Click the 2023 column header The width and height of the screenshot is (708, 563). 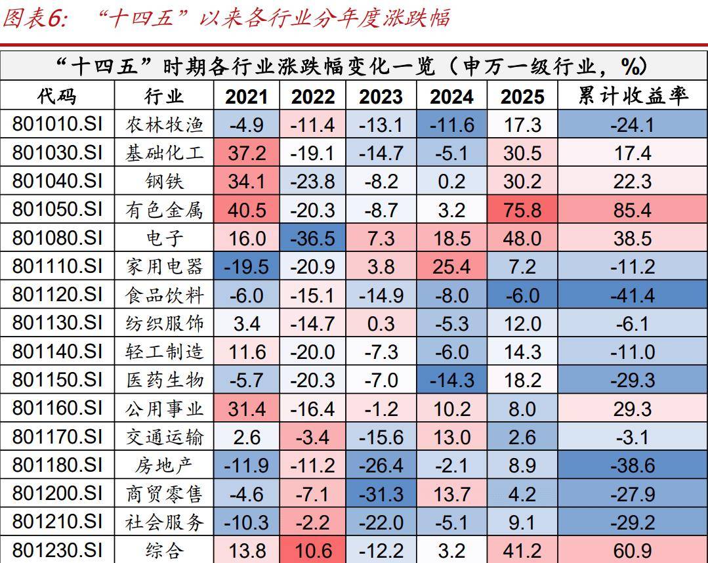pyautogui.click(x=381, y=96)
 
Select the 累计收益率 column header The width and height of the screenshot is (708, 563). pyautogui.click(x=633, y=96)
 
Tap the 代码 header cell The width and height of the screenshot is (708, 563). pyautogui.click(x=57, y=96)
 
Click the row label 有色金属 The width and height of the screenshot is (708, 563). pyautogui.click(x=164, y=209)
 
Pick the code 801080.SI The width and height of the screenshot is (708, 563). pyautogui.click(x=57, y=238)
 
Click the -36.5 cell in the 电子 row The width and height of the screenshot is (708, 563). pyautogui.click(x=313, y=238)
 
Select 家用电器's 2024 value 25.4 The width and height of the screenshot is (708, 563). pyautogui.click(x=451, y=266)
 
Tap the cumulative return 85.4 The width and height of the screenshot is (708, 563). pyautogui.click(x=633, y=209)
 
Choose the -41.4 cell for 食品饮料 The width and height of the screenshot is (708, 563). pyautogui.click(x=633, y=295)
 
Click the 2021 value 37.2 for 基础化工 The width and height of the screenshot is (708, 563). pyautogui.click(x=247, y=153)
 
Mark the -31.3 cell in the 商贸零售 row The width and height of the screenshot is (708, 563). pyautogui.click(x=381, y=493)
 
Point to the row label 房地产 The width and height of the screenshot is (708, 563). pyautogui.click(x=164, y=465)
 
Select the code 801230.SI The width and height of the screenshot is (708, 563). pyautogui.click(x=57, y=550)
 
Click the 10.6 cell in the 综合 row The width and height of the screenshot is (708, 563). pyautogui.click(x=313, y=550)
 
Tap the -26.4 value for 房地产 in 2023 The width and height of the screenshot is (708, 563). pyautogui.click(x=381, y=465)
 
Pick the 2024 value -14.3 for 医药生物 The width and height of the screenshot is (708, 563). pyautogui.click(x=451, y=380)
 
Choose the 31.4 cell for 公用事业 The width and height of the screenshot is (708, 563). pyautogui.click(x=247, y=408)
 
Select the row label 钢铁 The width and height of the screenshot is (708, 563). pyautogui.click(x=164, y=181)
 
